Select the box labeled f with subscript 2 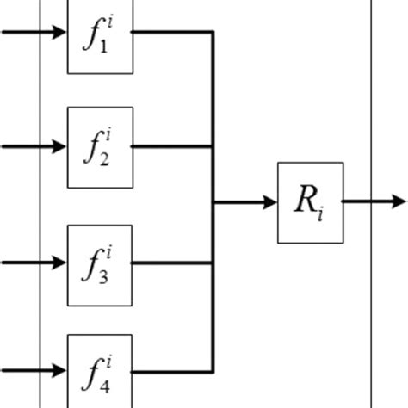(x=100, y=147)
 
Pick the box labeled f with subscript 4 (x=100, y=371)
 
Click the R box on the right (x=310, y=202)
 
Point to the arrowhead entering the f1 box (x=59, y=34)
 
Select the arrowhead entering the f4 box (x=59, y=372)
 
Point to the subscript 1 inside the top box (x=105, y=48)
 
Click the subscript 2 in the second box (x=105, y=159)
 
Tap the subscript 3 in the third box (x=105, y=275)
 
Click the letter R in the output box (x=306, y=202)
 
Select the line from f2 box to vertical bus (x=172, y=146)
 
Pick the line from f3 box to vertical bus (x=172, y=263)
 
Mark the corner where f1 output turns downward (x=213, y=34)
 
